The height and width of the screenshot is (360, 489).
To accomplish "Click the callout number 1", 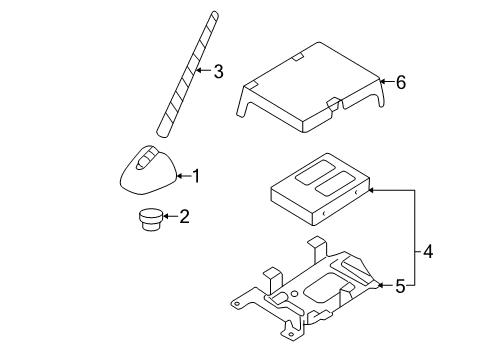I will [x=196, y=177].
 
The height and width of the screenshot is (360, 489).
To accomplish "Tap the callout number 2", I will [x=183, y=216].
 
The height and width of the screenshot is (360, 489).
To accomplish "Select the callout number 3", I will [x=219, y=70].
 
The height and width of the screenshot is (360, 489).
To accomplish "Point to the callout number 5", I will [x=399, y=286].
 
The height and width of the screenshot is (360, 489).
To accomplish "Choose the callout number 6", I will [x=401, y=83].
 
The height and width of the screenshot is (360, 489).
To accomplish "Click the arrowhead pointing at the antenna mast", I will [x=199, y=70].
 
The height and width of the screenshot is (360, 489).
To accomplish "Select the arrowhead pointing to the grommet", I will [x=168, y=216].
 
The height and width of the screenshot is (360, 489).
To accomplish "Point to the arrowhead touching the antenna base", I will [x=179, y=177].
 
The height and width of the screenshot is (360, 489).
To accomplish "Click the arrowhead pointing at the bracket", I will [x=380, y=286].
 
